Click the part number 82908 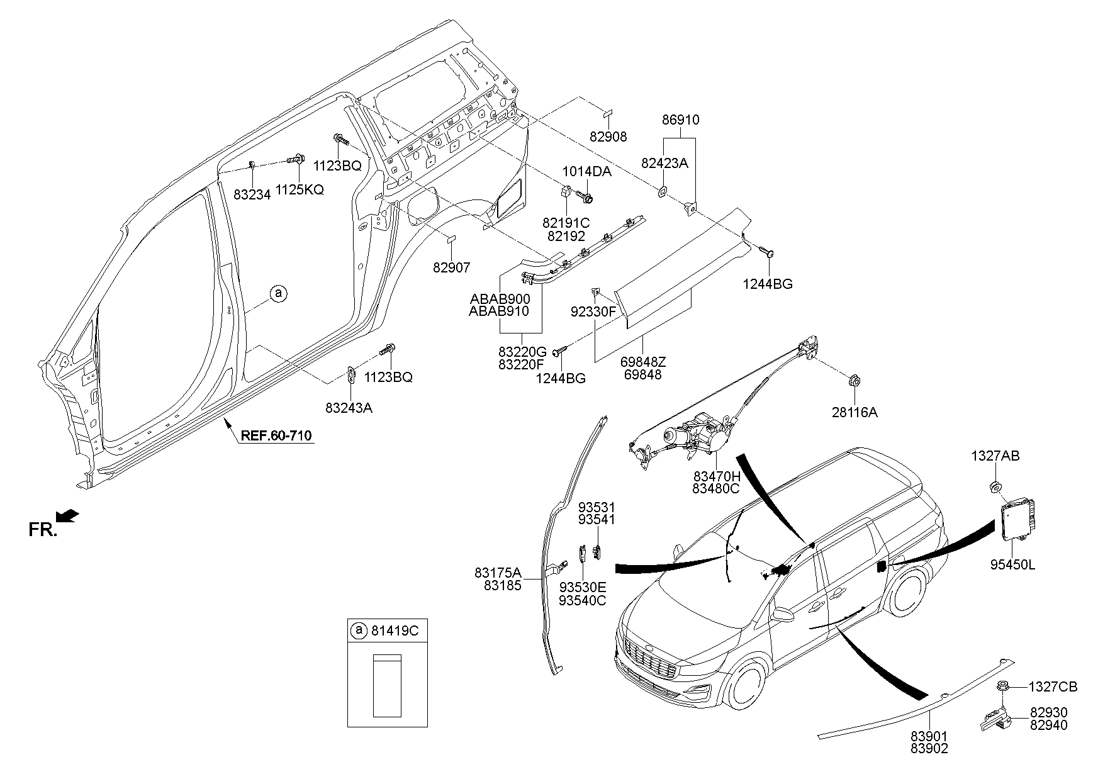(x=608, y=137)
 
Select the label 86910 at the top (x=680, y=120)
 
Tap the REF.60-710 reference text (x=276, y=435)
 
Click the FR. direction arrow (x=67, y=516)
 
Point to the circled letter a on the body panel (x=278, y=293)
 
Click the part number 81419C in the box (x=395, y=630)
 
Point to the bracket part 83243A (x=350, y=376)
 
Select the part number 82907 (x=451, y=267)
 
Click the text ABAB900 (x=500, y=298)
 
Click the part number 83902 (x=928, y=748)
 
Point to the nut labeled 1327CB (x=1000, y=686)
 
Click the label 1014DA (x=586, y=171)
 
